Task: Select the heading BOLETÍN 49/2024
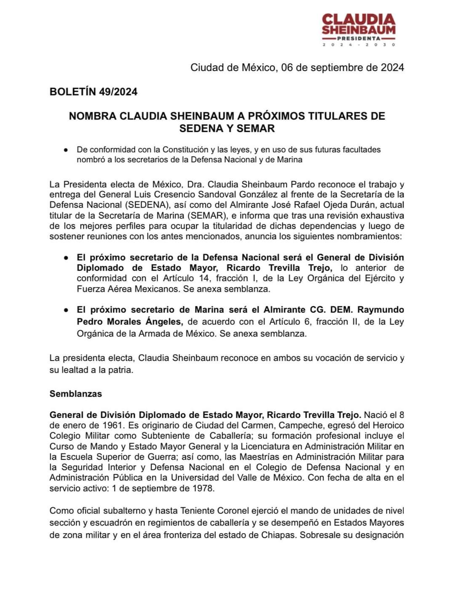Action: click(x=94, y=92)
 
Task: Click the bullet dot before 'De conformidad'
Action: click(x=66, y=150)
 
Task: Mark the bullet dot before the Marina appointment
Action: click(x=66, y=310)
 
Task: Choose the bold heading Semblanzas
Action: click(x=76, y=394)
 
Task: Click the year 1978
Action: click(x=204, y=489)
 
